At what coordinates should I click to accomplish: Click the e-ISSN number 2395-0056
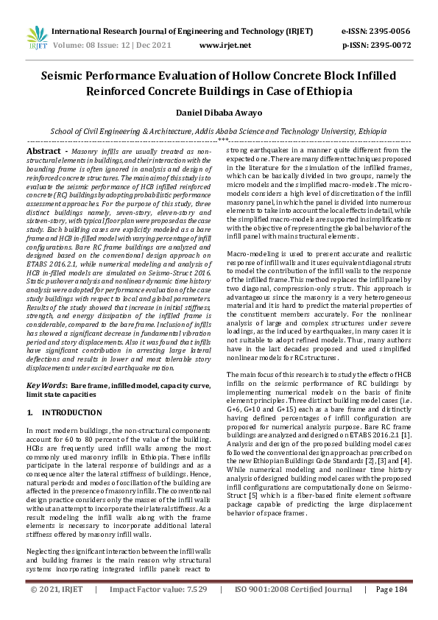[389, 32]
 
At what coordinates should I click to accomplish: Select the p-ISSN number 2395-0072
[389, 45]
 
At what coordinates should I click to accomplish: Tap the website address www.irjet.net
[219, 45]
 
